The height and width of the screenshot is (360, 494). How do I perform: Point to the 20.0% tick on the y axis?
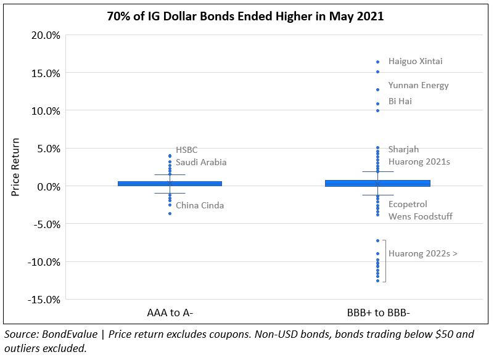point(45,35)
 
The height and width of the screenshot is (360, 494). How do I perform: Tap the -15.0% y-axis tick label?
point(43,300)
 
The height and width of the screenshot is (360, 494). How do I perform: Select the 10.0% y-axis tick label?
point(45,111)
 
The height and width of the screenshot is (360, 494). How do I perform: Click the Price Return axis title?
point(17,167)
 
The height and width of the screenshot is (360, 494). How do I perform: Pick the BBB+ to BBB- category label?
point(378,313)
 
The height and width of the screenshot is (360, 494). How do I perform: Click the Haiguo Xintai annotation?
point(415,62)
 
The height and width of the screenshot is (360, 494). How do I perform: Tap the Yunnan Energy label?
point(418,86)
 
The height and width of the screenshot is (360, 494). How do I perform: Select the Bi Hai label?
point(400,101)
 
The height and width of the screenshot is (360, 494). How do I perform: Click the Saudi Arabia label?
point(201,163)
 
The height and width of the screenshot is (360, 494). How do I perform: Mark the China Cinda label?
point(200,206)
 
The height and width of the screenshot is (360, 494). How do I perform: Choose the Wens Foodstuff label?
point(420,216)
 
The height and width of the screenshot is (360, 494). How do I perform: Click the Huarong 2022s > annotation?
point(422,253)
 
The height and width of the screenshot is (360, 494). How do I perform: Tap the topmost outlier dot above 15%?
point(378,62)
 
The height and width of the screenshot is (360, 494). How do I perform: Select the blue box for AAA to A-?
point(170,183)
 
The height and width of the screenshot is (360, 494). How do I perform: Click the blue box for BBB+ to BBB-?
point(378,183)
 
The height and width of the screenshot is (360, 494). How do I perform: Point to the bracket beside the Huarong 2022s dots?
point(385,261)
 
